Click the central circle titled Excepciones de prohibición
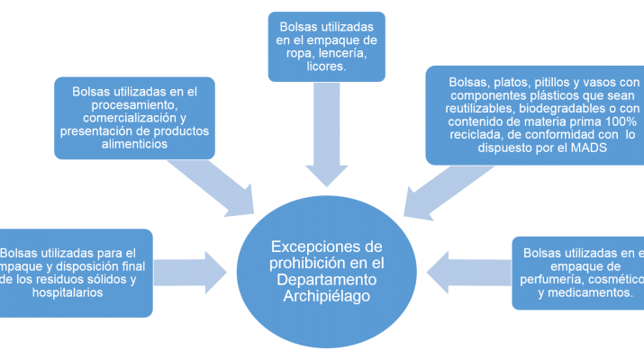click(326, 270)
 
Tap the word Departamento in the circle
click(326, 282)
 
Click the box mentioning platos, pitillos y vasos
click(534, 114)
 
